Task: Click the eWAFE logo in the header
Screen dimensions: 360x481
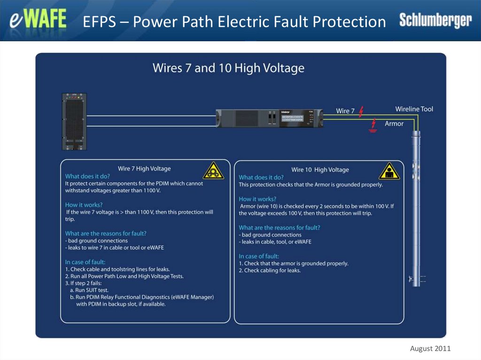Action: point(38,21)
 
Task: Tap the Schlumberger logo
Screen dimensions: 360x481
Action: point(435,20)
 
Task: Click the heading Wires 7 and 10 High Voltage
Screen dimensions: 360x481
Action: point(228,69)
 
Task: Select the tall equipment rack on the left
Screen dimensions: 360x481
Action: point(75,122)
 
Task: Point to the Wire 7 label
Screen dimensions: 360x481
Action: point(345,111)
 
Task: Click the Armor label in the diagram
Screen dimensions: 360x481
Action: point(394,124)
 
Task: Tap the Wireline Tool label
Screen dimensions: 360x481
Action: point(414,109)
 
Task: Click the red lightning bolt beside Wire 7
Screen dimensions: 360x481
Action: point(361,112)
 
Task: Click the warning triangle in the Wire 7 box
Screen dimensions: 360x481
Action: point(213,171)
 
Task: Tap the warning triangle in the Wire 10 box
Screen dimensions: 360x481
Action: point(389,172)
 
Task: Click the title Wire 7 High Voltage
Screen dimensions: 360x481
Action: point(144,169)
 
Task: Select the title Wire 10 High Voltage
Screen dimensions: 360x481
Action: point(320,169)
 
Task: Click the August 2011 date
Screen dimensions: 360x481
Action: point(430,348)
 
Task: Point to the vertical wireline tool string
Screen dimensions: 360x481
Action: point(415,207)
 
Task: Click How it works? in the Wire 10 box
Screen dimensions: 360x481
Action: point(257,199)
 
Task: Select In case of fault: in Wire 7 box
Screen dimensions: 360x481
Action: point(85,262)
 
